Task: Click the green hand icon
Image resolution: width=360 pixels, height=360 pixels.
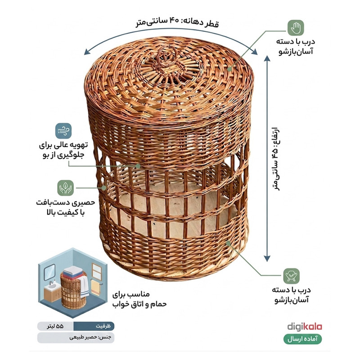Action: [296, 28]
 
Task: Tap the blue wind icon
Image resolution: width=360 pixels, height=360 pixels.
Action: [63, 131]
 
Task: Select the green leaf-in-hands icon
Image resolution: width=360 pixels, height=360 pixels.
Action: [65, 188]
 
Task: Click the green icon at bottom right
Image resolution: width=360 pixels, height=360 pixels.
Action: [291, 276]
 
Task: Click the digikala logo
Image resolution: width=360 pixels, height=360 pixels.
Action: [305, 327]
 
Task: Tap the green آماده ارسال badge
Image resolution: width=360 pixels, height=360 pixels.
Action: [302, 339]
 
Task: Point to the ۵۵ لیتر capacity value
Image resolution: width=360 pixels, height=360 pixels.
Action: [55, 326]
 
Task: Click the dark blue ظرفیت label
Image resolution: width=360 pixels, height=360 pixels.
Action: [94, 326]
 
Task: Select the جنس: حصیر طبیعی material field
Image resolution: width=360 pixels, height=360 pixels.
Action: [76, 337]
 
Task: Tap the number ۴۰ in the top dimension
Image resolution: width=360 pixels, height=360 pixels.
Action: [174, 21]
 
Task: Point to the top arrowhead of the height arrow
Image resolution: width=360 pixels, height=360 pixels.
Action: [267, 58]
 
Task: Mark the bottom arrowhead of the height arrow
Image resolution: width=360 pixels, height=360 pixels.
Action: [267, 259]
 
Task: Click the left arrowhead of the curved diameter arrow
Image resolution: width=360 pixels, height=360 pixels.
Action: [87, 52]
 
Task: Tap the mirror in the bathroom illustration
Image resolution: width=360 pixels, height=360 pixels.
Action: [49, 272]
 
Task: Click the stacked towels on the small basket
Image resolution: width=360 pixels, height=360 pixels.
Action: [73, 273]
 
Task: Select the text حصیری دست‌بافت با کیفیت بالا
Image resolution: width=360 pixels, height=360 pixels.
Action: [65, 207]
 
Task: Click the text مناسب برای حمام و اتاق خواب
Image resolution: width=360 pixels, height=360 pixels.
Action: [139, 299]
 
